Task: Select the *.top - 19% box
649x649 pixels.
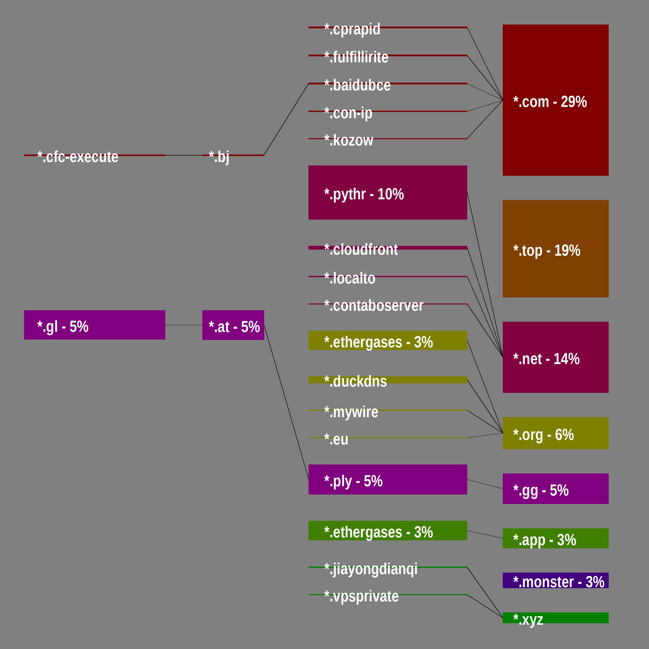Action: [x=555, y=249]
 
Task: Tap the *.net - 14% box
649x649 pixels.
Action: [x=555, y=357]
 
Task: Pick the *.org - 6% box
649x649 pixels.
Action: [x=555, y=433]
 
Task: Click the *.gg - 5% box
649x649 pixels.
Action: [x=555, y=489]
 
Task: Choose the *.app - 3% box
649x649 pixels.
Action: [x=555, y=538]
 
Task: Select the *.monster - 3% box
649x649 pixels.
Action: [x=555, y=580]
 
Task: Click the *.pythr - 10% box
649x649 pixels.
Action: [x=387, y=193]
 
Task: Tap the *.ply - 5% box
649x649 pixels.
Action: [x=387, y=479]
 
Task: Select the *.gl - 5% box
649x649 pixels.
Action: [x=94, y=325]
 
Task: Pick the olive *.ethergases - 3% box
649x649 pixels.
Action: [x=387, y=340]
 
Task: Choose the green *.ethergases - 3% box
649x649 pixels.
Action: [x=387, y=530]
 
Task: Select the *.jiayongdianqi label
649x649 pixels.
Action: [x=371, y=569]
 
